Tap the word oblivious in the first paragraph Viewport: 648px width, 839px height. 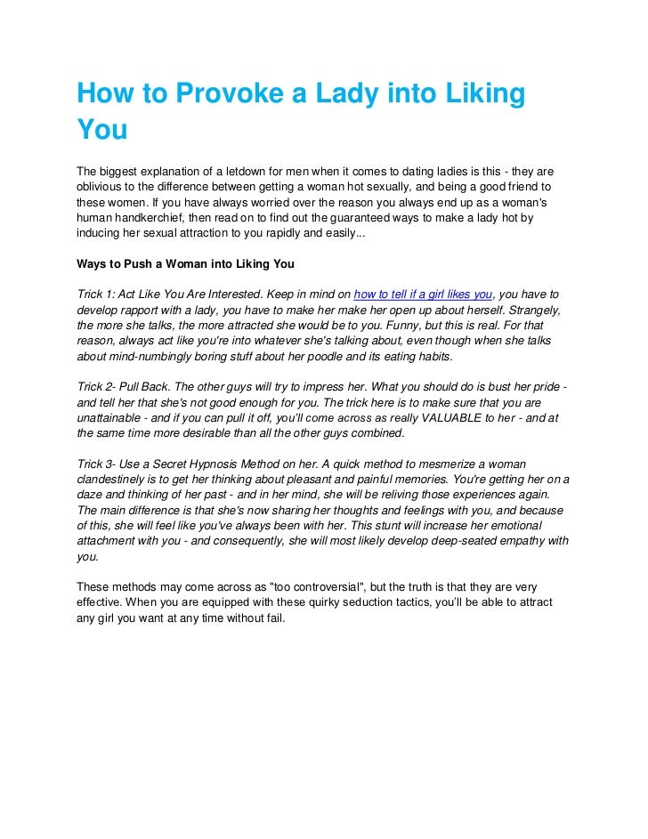pos(100,187)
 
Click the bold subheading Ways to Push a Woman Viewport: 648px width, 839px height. pos(186,264)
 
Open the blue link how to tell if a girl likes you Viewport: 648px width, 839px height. pos(423,294)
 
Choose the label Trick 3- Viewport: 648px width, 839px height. pos(99,464)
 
